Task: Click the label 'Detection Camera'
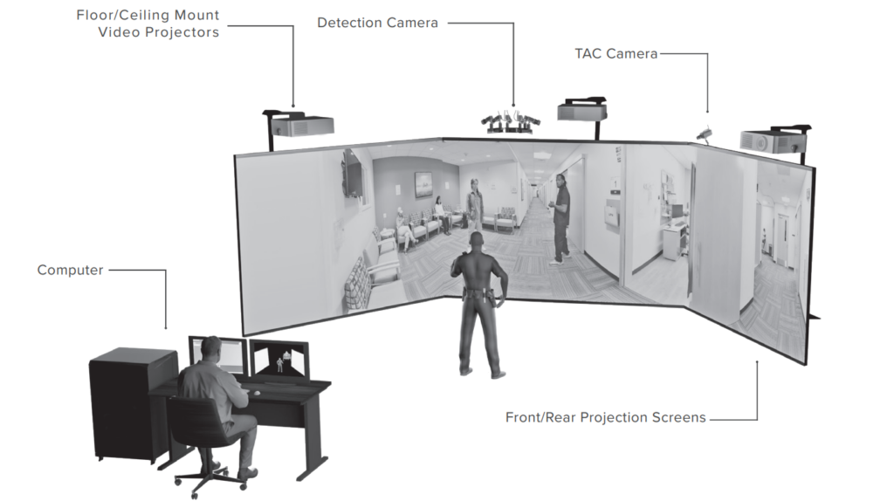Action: tap(377, 23)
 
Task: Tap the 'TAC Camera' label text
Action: tap(615, 53)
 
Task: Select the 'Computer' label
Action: tap(70, 271)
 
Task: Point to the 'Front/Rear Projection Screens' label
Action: tap(606, 417)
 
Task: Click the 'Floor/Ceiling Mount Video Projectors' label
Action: tap(148, 24)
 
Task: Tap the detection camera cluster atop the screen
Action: tap(511, 122)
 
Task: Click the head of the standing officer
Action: tap(477, 241)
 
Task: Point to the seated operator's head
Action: tap(210, 349)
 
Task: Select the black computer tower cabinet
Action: tap(133, 403)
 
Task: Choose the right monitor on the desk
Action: tap(279, 360)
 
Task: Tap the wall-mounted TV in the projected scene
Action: tap(353, 174)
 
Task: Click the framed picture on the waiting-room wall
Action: tap(423, 184)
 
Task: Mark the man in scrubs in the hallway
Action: tap(560, 219)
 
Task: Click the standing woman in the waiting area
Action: tap(474, 206)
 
